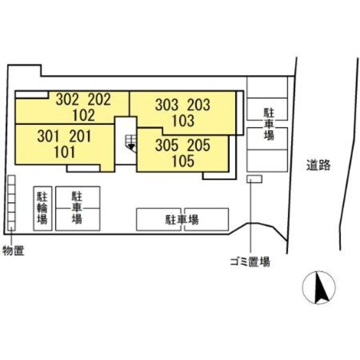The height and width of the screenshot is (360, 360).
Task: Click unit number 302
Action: (68, 100)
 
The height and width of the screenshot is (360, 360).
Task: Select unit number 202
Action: (99, 100)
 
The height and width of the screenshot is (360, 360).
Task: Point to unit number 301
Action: (50, 136)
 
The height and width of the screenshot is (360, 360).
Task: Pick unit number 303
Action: (167, 106)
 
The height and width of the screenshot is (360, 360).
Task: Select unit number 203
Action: (198, 106)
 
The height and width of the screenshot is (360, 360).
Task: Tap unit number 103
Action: (182, 121)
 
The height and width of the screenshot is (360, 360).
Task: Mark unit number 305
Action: (167, 145)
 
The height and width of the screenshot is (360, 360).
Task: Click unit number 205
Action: (198, 145)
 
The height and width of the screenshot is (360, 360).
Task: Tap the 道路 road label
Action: (317, 166)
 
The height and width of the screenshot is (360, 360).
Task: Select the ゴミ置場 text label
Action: (250, 262)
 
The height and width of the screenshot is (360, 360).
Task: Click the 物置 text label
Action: (13, 250)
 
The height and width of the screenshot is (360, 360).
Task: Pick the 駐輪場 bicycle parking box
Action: (42, 208)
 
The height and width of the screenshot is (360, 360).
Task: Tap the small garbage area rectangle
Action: (254, 179)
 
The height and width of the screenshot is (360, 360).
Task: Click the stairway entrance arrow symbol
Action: (130, 144)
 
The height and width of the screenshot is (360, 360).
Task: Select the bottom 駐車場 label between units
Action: (182, 220)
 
